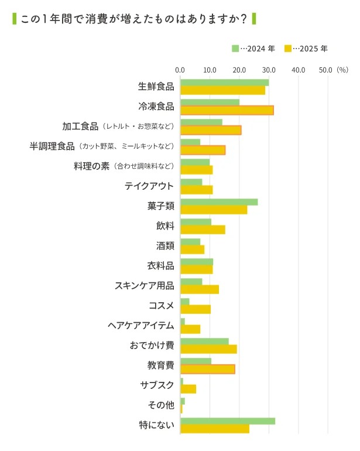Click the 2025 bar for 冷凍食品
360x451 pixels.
coord(227,110)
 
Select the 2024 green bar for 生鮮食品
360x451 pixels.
coord(224,83)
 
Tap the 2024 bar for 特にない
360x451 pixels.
coord(227,421)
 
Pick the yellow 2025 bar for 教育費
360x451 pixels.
coord(208,369)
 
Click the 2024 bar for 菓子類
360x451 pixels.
coord(219,202)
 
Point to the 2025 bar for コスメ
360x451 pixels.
coord(196,309)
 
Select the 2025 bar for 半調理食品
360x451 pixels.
coord(203,150)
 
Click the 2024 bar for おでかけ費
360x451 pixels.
coord(204,341)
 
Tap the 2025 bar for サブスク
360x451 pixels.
coord(188,389)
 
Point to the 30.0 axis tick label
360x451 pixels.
coord(269,70)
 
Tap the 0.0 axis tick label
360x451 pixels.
coord(180,70)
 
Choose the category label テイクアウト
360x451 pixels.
coord(149,186)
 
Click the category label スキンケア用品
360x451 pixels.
coord(145,286)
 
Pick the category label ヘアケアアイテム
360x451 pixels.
coord(141,326)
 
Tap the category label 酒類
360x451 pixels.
coord(165,246)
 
